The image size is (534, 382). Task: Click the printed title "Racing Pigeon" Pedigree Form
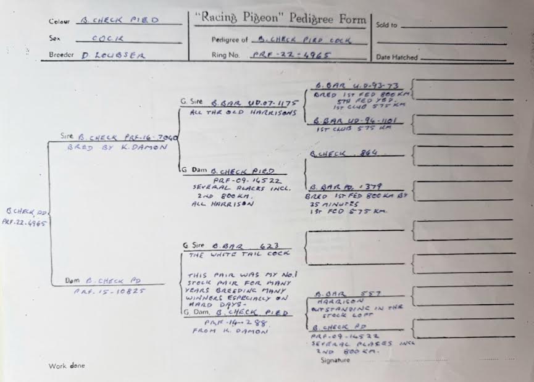pyautogui.click(x=280, y=19)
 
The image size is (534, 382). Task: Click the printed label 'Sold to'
pyautogui.click(x=386, y=25)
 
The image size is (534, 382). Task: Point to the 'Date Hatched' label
pyautogui.click(x=396, y=57)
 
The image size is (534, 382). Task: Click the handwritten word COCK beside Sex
pyautogui.click(x=104, y=38)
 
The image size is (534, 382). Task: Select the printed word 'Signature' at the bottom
pyautogui.click(x=335, y=360)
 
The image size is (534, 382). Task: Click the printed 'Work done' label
pyautogui.click(x=67, y=366)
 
